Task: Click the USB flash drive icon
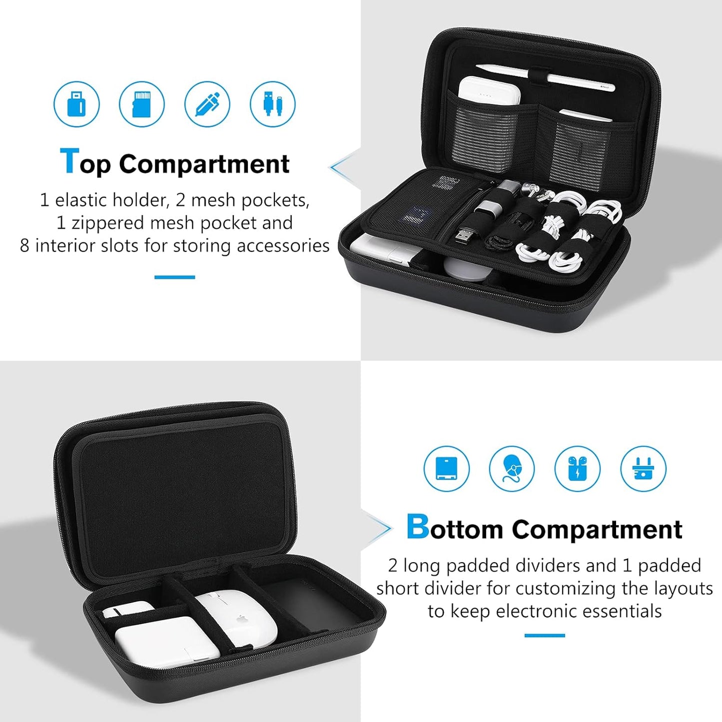[76, 104]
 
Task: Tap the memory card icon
[142, 104]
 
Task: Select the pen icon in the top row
[207, 104]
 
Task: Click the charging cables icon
[273, 104]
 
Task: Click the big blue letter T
[69, 161]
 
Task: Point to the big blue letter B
[417, 527]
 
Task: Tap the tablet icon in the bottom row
[446, 469]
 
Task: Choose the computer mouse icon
[512, 469]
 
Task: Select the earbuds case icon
[577, 469]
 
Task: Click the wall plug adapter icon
[643, 469]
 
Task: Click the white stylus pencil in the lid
[545, 77]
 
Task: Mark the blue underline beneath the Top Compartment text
[174, 277]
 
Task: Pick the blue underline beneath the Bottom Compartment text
[545, 636]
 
